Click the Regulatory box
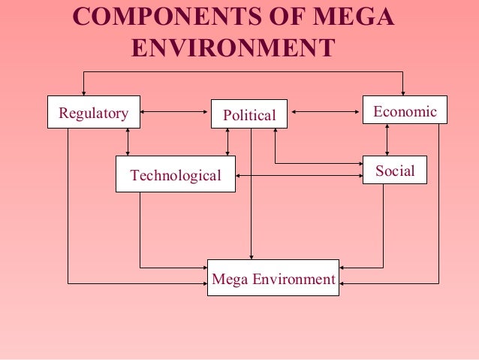(93, 113)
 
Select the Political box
(249, 115)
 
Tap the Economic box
(405, 110)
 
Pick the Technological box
(175, 174)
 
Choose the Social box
(395, 170)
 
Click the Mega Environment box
(273, 278)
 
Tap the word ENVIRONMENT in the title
(233, 48)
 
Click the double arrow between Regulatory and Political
(174, 113)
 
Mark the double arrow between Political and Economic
(325, 113)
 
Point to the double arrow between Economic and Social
(387, 140)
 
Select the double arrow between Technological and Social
(299, 176)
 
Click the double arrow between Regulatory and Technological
(128, 142)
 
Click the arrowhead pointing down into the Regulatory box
(83, 92)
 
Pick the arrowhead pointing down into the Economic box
(404, 92)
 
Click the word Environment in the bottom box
(294, 280)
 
